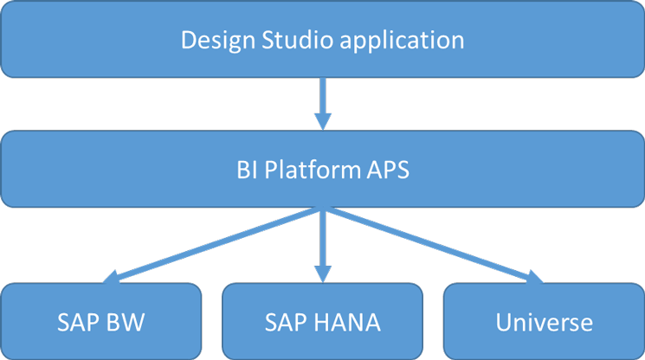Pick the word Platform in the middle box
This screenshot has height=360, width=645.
[306, 170]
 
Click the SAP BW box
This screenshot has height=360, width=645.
[101, 321]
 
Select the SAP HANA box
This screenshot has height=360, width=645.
[323, 321]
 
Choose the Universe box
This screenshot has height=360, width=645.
[544, 321]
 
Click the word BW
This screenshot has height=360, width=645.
[128, 322]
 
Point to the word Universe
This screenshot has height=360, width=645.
[544, 322]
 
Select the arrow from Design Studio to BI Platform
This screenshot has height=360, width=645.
[323, 100]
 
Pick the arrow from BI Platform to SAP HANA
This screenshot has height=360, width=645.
[323, 242]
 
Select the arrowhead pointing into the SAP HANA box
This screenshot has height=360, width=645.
[323, 273]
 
